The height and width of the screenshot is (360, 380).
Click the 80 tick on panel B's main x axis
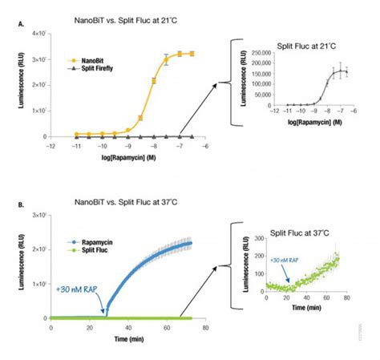pos(204,328)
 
